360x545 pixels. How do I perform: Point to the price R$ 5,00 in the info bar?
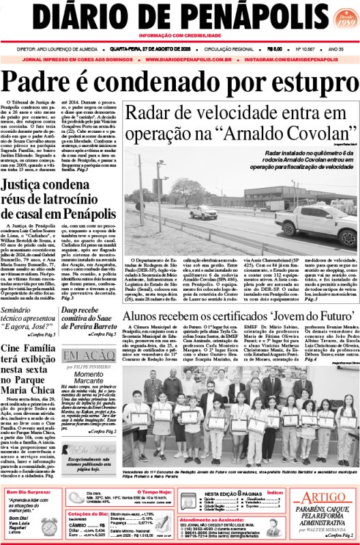(x=275, y=50)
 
